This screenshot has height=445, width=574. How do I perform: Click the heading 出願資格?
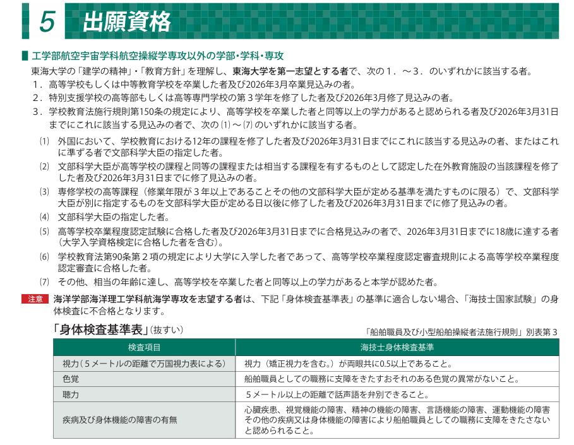pos(127,21)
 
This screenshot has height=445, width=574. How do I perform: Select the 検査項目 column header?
pos(144,348)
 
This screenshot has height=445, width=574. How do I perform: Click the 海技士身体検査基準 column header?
pos(397,348)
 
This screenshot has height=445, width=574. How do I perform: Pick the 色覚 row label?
pos(71,379)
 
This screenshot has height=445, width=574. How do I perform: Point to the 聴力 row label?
pos(71,395)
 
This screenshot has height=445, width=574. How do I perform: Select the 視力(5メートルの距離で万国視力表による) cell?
pos(144,364)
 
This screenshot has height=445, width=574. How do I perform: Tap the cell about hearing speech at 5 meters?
pos(348,395)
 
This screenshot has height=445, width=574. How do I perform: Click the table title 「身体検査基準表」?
pos(101,329)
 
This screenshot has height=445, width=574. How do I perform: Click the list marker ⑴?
pos(44,141)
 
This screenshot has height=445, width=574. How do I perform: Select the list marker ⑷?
pos(44,217)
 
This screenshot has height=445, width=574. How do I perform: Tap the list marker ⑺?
pos(44,282)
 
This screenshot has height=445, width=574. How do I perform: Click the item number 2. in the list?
pos(37,97)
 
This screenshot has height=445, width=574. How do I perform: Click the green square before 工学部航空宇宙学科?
pos(25,56)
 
